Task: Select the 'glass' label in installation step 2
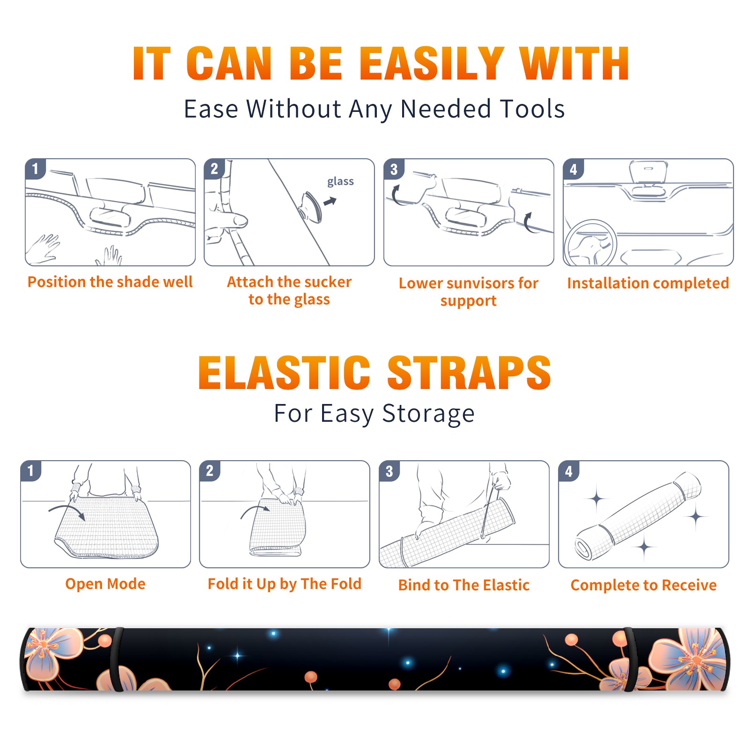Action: (x=340, y=182)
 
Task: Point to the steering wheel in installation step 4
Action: (x=590, y=243)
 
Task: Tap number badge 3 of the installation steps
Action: (x=394, y=169)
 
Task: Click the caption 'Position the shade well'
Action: (x=110, y=282)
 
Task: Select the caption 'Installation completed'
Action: (x=648, y=283)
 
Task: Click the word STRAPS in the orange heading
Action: (x=469, y=373)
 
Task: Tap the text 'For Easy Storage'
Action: (x=374, y=414)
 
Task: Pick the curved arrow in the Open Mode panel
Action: (x=66, y=510)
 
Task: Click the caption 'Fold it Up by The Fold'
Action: (x=285, y=584)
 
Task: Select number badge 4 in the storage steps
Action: (x=568, y=471)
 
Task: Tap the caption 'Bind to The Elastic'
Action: (x=464, y=585)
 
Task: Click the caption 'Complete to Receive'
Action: (x=644, y=585)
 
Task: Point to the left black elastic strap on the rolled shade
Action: (x=116, y=659)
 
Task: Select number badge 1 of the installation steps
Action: (x=35, y=169)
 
